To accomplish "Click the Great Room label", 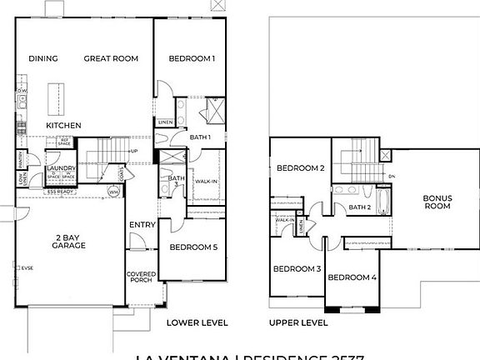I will [111, 58].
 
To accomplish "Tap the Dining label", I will [42, 58].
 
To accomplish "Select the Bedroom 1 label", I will [192, 58].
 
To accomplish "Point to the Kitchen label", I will [63, 125].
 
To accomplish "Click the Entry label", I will [139, 225].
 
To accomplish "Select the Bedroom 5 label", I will [192, 247].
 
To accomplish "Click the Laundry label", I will [61, 167].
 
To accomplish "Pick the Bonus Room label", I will [437, 202].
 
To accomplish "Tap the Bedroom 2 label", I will [300, 168].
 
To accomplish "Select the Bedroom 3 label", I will [297, 268].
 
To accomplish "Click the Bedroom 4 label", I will [352, 276].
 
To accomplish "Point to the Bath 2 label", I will [359, 207].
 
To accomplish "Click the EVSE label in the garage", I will [29, 268].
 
